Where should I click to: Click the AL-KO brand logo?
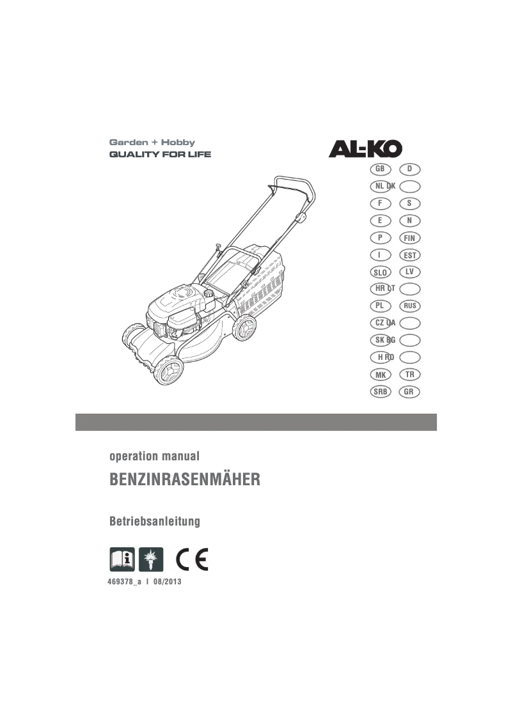366,149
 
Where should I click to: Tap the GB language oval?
380,169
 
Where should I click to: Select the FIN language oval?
409,238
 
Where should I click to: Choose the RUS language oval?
409,306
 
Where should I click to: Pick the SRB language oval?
380,391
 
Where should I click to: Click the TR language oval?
409,374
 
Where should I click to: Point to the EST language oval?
409,255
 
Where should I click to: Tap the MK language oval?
380,374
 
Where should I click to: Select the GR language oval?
409,391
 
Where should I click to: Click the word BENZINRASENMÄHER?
185,479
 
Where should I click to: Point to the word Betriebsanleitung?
155,522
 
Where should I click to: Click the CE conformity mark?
193,559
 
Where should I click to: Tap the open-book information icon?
122,559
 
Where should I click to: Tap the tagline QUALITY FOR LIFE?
160,155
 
